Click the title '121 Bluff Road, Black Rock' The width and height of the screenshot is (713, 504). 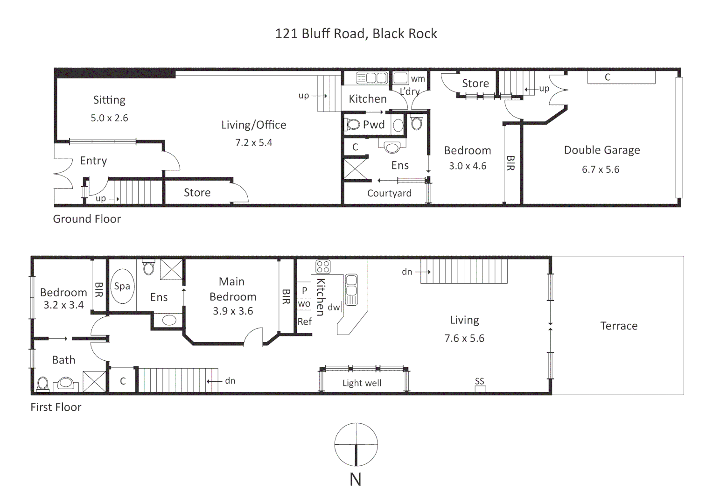tap(356, 34)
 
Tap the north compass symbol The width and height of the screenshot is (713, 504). tap(356, 444)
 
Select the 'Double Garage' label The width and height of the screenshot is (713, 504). tap(601, 150)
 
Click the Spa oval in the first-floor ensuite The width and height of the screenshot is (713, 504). tap(122, 286)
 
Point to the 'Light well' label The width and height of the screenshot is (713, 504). tap(362, 383)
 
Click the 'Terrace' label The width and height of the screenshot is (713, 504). tap(619, 326)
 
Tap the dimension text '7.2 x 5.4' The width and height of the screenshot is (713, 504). tap(253, 143)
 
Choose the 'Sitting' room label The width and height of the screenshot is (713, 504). tap(109, 100)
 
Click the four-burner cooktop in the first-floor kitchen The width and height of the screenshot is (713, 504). tap(323, 266)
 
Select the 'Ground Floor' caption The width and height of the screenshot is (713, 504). tap(87, 219)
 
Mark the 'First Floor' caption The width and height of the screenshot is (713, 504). tap(56, 407)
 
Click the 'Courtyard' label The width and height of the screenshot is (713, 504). tap(389, 193)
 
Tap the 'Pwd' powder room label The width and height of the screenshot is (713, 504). tap(374, 125)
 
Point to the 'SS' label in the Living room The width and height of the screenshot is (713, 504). tap(480, 381)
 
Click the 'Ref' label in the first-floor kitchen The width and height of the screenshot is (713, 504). tap(305, 322)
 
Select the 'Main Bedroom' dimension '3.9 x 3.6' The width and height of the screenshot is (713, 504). tap(233, 311)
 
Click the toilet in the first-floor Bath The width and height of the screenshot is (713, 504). tap(42, 384)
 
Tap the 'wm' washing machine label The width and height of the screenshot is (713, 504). tap(418, 79)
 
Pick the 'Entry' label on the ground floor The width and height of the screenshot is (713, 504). tap(93, 161)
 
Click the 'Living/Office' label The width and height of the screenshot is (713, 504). tap(253, 125)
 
